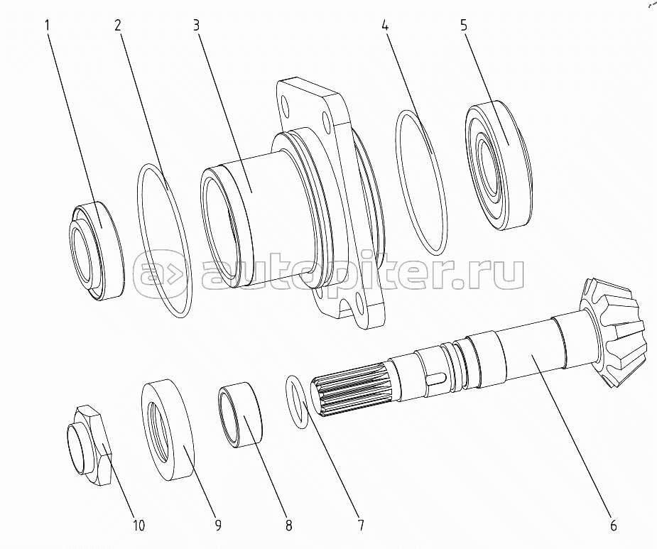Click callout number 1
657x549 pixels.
coord(48,26)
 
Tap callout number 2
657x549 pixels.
coord(118,26)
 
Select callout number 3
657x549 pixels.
coord(196,26)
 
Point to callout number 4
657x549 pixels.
coord(385,26)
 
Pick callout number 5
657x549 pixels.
coord(463,26)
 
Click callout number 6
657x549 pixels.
coord(613,525)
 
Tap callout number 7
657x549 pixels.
coord(361,525)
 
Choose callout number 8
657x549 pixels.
coord(288,525)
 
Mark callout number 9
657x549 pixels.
coord(217,525)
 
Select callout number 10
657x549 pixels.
coord(139,525)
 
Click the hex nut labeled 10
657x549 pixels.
coord(89,446)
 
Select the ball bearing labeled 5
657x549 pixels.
coord(499,165)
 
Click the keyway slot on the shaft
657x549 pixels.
coord(436,376)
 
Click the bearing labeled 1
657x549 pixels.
coord(97,251)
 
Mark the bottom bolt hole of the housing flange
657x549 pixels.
coord(359,300)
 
